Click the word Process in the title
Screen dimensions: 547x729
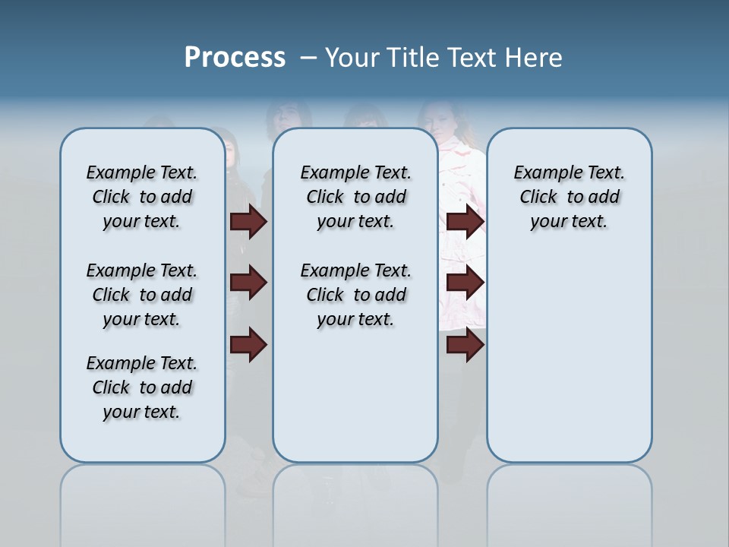pos(235,58)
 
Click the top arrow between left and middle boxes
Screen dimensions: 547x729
pos(248,221)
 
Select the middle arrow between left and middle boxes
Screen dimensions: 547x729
pos(248,283)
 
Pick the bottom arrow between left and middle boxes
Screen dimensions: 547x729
pos(248,344)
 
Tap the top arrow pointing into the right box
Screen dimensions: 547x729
pos(465,221)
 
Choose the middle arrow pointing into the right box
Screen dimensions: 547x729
pos(465,283)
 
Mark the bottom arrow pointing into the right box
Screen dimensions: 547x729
pos(465,344)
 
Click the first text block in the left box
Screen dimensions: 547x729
pos(142,197)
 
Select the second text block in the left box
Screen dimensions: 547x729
pos(142,295)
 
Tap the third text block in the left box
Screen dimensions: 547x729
pos(142,387)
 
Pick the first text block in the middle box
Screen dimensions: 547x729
pos(355,197)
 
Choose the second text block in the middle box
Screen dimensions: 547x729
pos(355,295)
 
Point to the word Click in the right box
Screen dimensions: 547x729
pos(538,197)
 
